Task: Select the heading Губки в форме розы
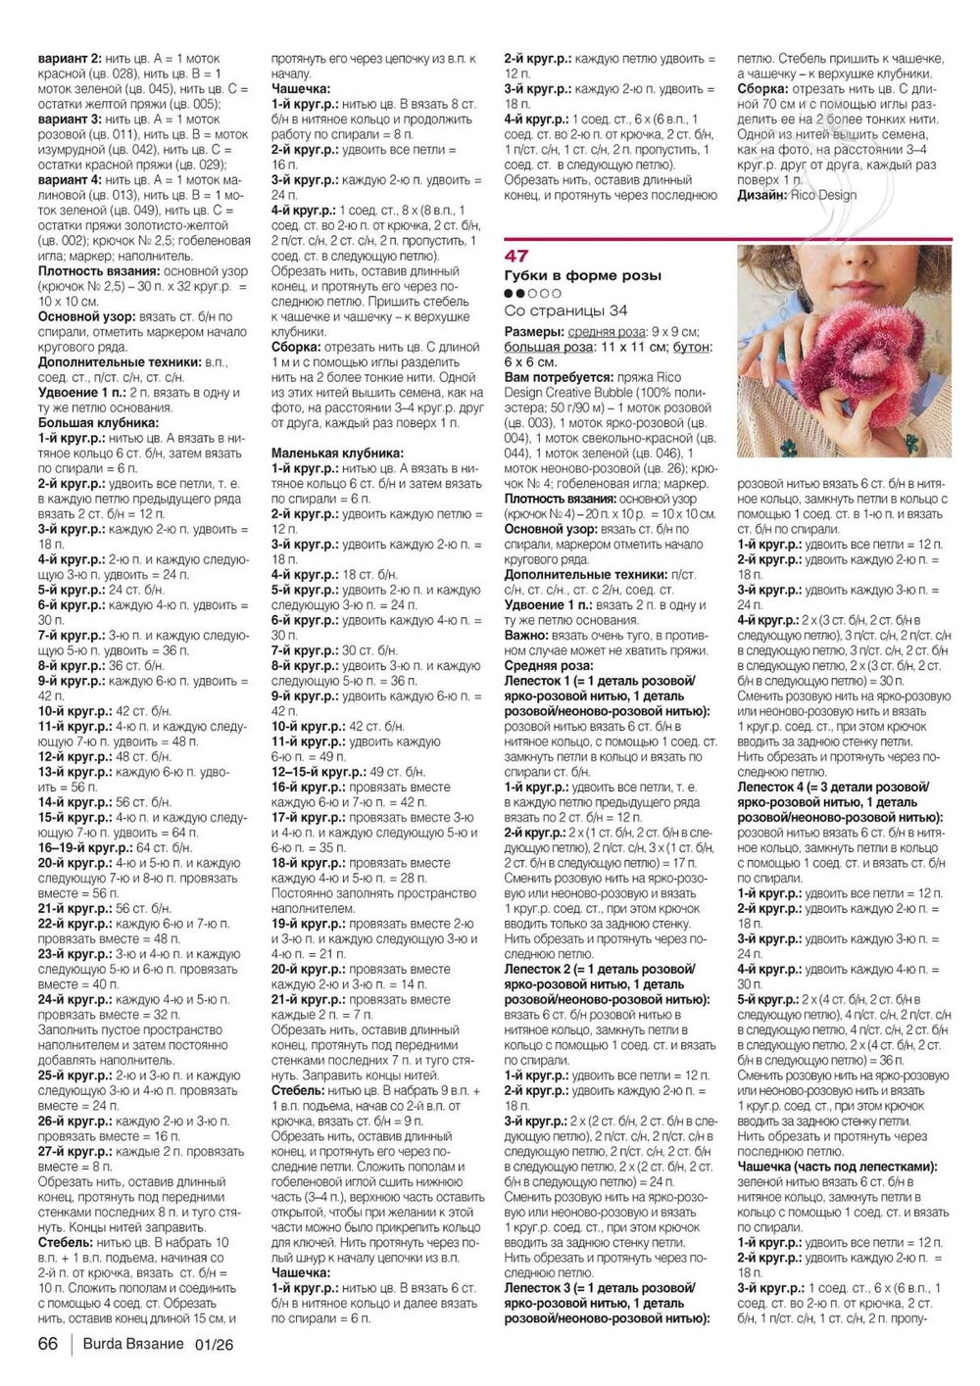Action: point(582,276)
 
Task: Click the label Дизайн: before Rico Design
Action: point(761,194)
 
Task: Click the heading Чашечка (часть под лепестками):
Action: point(836,1167)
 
